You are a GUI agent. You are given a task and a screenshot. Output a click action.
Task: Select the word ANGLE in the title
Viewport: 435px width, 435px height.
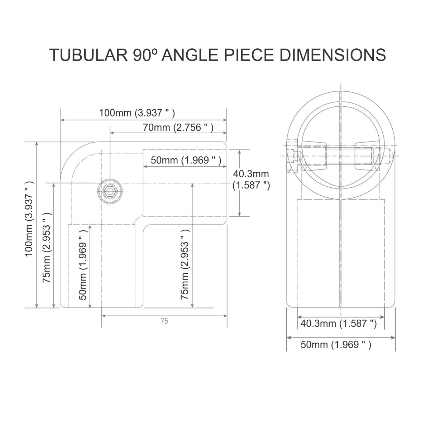coord(190,55)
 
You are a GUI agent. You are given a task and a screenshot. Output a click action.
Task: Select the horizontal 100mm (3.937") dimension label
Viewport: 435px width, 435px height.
coord(137,113)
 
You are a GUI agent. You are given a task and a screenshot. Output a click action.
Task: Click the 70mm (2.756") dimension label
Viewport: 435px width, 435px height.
coord(178,127)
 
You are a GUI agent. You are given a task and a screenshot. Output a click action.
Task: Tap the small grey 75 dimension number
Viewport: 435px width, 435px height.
coord(164,321)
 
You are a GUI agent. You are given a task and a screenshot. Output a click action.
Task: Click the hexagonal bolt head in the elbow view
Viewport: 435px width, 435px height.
coord(110,191)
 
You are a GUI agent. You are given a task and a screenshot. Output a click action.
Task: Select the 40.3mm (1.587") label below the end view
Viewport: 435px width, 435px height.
coord(338,324)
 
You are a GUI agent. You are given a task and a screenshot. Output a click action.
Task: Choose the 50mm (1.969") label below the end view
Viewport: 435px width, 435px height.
coord(336,345)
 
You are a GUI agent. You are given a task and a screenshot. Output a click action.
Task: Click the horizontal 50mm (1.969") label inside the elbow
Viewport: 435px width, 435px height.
coord(186,160)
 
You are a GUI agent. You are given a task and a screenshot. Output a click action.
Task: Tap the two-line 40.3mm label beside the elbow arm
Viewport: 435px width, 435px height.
coord(251,180)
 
